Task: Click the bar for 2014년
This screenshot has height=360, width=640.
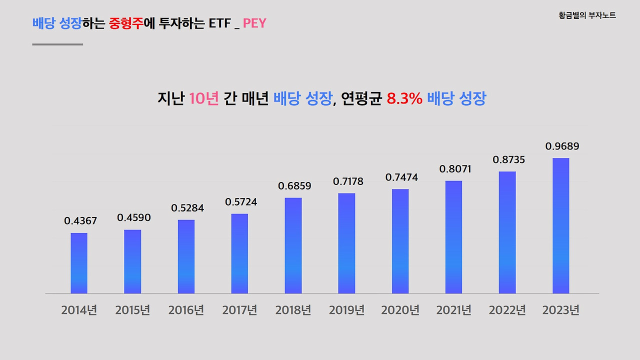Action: coord(79,263)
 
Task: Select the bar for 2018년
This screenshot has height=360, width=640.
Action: coord(293,245)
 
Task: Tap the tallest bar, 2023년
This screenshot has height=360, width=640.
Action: coord(560,225)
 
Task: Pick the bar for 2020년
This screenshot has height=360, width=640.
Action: coord(400,241)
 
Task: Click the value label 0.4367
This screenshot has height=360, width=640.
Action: coord(80,220)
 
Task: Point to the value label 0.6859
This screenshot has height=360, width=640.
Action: coord(294,186)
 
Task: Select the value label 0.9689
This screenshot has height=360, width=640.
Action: coord(562,146)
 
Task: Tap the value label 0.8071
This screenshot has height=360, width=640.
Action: coord(455,169)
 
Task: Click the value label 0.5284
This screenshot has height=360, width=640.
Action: coord(187,208)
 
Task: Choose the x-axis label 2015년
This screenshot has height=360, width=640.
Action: coord(132,310)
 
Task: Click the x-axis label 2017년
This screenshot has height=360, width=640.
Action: coord(239,310)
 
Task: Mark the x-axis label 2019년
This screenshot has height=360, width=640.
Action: coord(346,310)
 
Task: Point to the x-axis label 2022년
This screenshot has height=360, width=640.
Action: coord(507,310)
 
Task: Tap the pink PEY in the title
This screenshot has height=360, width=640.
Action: coord(254,23)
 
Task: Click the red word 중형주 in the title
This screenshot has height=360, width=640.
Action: coord(125,23)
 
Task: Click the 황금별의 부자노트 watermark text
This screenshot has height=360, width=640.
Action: coord(587,15)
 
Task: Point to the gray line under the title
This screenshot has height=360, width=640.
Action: coord(57,44)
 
